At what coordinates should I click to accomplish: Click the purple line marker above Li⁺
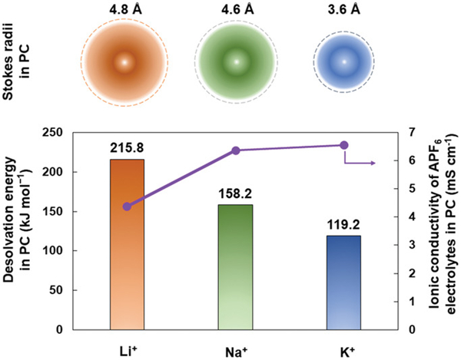tap(127, 206)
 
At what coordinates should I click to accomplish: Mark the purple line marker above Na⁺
tap(236, 150)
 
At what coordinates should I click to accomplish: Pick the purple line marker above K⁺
tap(344, 145)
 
